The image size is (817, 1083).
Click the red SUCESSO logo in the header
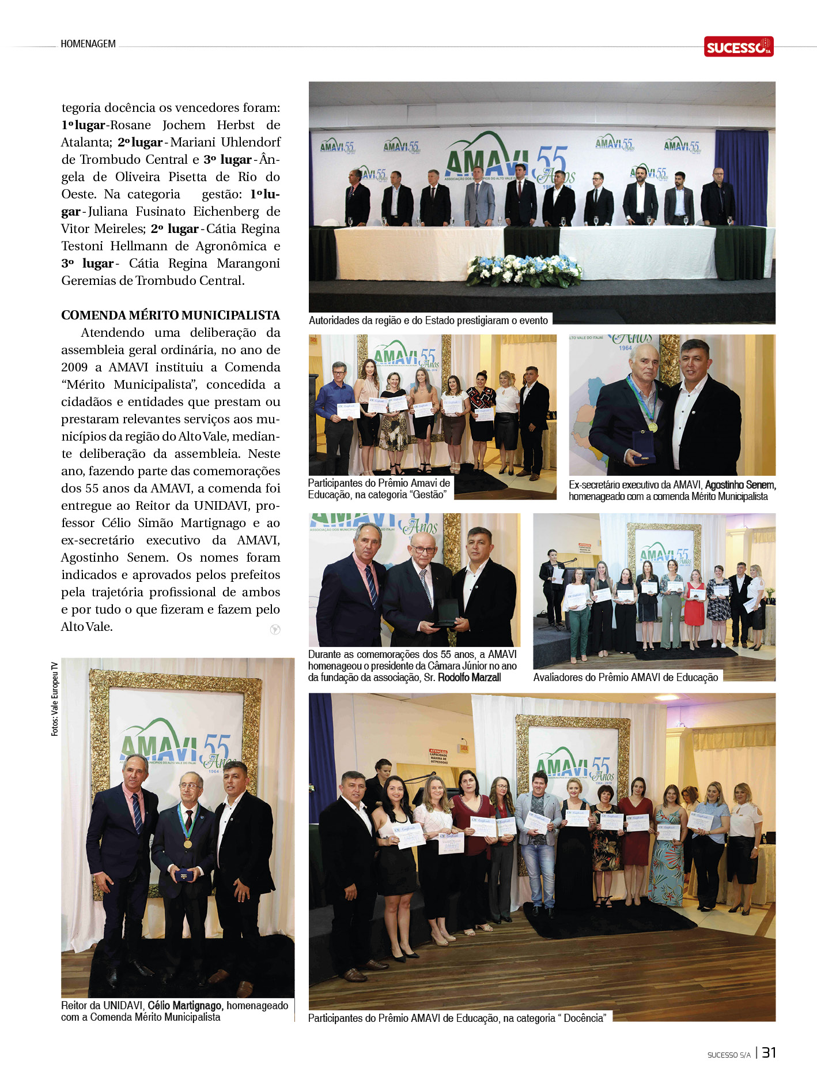pyautogui.click(x=738, y=47)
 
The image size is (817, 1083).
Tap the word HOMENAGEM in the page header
pyautogui.click(x=88, y=44)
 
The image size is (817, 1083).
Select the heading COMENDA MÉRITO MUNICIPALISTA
pyautogui.click(x=171, y=315)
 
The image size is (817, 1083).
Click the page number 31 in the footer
pyautogui.click(x=769, y=1052)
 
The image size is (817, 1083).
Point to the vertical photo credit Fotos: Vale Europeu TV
pyautogui.click(x=55, y=698)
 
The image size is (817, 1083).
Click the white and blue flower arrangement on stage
pyautogui.click(x=523, y=270)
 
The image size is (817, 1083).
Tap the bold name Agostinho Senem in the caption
pyautogui.click(x=740, y=485)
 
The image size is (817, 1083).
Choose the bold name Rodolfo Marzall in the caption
pyautogui.click(x=469, y=678)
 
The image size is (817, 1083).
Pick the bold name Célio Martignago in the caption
pyautogui.click(x=184, y=1005)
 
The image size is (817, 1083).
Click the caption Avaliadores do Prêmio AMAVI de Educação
pyautogui.click(x=625, y=677)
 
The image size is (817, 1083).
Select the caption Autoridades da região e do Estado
pyautogui.click(x=428, y=320)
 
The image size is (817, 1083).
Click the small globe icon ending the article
pyautogui.click(x=275, y=629)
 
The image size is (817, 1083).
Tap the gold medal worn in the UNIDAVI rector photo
pyautogui.click(x=187, y=844)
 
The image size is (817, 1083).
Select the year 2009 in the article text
pyautogui.click(x=75, y=367)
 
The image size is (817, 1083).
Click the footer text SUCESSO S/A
pyautogui.click(x=729, y=1055)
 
